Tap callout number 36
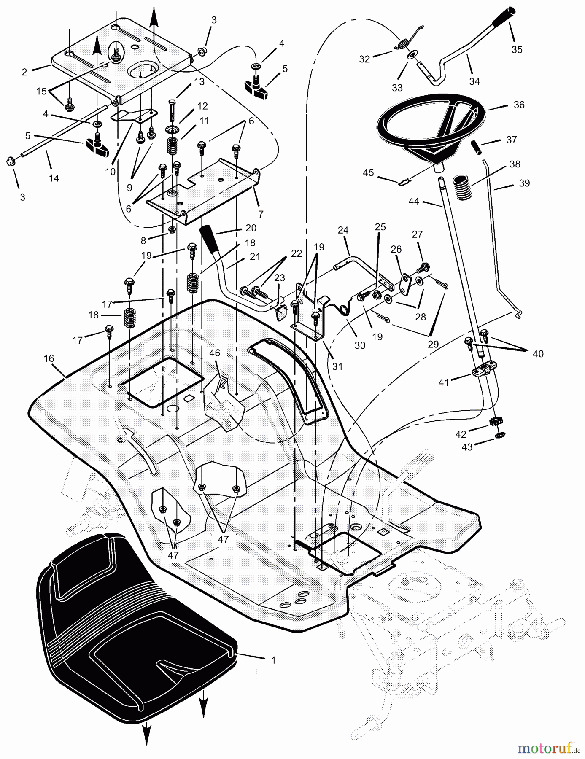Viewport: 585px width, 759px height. click(x=519, y=105)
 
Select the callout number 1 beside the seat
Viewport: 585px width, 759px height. click(x=273, y=660)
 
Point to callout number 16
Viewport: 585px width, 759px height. click(x=49, y=358)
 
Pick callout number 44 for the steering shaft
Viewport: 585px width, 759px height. click(x=414, y=202)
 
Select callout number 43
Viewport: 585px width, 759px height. click(x=467, y=447)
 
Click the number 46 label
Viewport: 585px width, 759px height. click(x=215, y=353)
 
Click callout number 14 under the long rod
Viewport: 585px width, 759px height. click(x=54, y=178)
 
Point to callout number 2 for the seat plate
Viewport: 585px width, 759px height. click(x=24, y=72)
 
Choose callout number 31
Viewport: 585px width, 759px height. click(x=337, y=366)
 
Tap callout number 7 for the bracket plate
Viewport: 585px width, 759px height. click(x=261, y=214)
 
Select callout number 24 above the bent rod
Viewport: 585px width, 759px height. click(x=343, y=230)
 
